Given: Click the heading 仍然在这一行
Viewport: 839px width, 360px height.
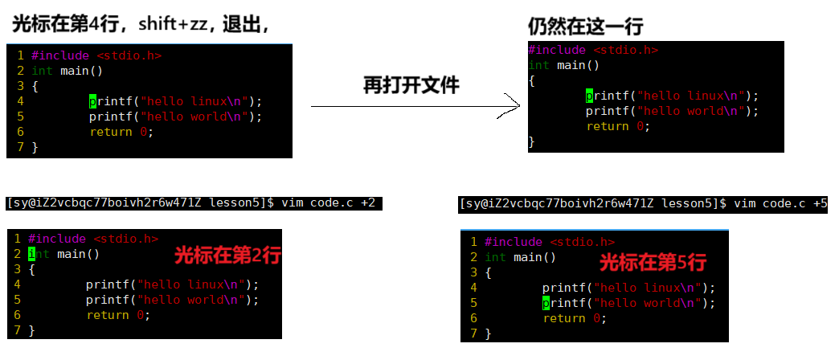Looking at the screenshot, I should [x=585, y=27].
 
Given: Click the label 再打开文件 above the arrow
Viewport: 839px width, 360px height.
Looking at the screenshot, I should [x=411, y=85].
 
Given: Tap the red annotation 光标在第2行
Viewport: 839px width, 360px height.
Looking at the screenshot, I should [x=227, y=257].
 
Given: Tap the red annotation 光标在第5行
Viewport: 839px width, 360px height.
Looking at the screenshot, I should [x=653, y=263].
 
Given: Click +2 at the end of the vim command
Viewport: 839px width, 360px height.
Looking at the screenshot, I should [x=368, y=203].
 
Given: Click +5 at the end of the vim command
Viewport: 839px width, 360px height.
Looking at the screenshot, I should [x=820, y=204].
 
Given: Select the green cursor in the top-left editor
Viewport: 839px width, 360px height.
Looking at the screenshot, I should [x=93, y=101].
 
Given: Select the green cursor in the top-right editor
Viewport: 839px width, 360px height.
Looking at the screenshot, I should [x=590, y=96].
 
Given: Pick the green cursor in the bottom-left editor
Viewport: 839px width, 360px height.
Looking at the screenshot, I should [x=32, y=254].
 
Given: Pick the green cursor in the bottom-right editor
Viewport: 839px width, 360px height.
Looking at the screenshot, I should [x=546, y=303].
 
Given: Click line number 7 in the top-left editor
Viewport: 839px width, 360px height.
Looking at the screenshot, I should [x=19, y=147].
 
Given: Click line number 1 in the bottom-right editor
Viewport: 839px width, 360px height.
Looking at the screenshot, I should [x=474, y=242].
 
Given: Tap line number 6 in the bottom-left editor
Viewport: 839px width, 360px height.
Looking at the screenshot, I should [x=17, y=315].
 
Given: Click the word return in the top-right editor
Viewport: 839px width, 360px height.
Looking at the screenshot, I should [x=608, y=126].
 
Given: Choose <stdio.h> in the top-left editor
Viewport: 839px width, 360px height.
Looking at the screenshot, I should [x=130, y=55].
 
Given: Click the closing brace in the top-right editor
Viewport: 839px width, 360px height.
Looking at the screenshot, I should [x=532, y=141].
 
